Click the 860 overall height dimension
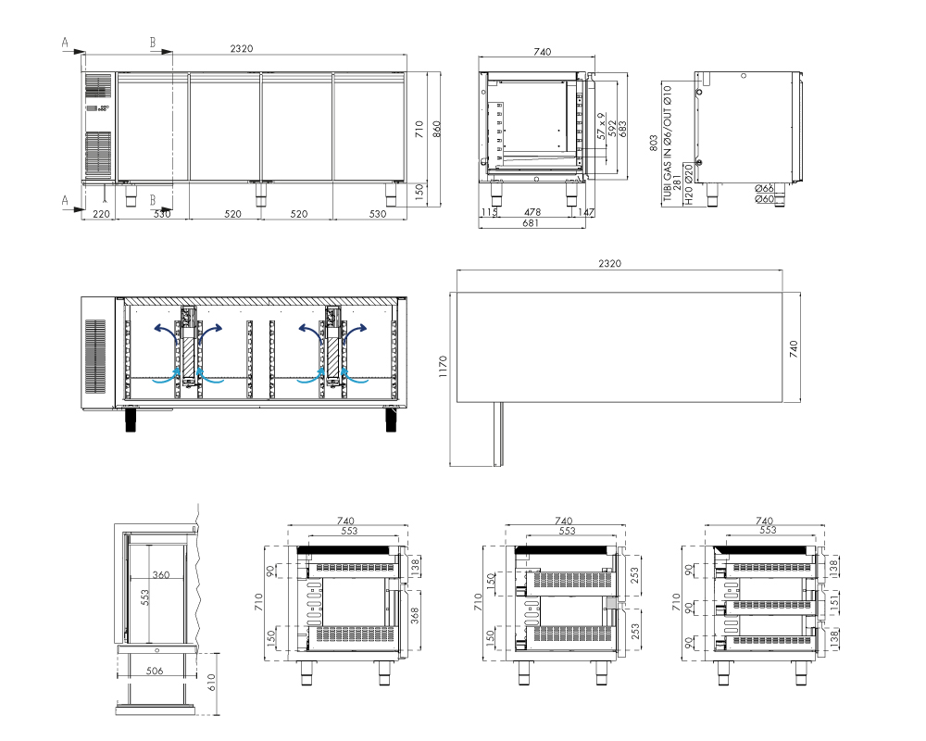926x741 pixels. (x=437, y=130)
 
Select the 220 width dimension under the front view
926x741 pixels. (x=102, y=214)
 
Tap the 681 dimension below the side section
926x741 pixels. (x=531, y=223)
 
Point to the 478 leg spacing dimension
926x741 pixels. (x=532, y=211)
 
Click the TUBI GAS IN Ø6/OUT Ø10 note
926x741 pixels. (x=668, y=143)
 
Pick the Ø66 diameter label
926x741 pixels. (x=764, y=189)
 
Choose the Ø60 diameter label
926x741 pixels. (x=764, y=199)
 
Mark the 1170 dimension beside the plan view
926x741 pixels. (x=444, y=367)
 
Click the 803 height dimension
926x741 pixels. (x=653, y=143)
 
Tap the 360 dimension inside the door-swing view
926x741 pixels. (x=160, y=574)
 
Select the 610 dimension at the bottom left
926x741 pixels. (x=211, y=682)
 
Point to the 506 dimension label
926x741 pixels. (x=154, y=671)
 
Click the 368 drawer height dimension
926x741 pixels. (x=415, y=615)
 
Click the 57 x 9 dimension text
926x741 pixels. (x=601, y=127)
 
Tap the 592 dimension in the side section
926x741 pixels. (x=612, y=129)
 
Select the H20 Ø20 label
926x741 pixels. (x=689, y=185)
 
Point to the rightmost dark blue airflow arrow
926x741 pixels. (x=357, y=333)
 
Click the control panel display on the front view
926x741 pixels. (x=98, y=108)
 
